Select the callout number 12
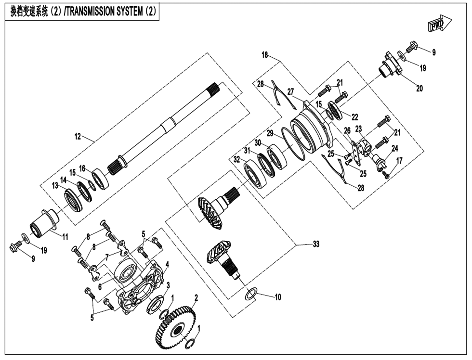78,137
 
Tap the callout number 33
315,244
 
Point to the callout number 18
265,55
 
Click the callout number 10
277,297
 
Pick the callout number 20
419,89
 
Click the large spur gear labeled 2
177,327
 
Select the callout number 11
64,236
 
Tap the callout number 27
291,91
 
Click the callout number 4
167,264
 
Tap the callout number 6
100,286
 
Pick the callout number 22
354,117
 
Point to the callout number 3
168,285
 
